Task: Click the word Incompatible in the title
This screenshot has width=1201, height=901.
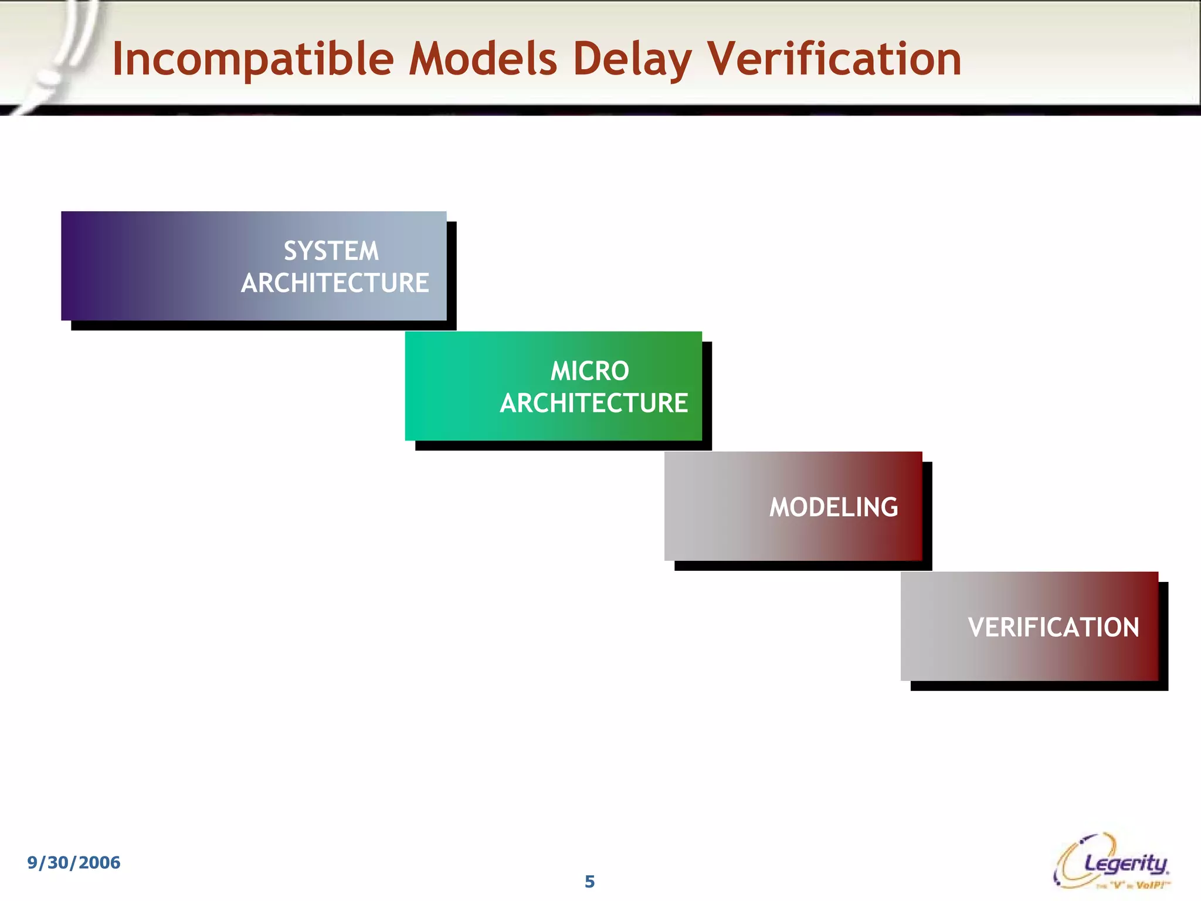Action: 252,60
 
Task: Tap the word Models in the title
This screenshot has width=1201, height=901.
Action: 482,60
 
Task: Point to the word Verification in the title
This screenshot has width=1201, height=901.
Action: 834,60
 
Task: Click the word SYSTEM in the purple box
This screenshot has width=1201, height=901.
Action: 331,251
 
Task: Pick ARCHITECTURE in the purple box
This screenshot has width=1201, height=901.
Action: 335,283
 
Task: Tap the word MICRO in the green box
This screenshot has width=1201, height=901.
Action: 589,371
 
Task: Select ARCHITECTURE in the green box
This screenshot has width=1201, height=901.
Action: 593,404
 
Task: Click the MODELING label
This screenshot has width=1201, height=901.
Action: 833,507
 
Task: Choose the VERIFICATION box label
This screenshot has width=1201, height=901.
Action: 1053,628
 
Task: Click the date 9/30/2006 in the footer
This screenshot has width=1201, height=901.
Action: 74,862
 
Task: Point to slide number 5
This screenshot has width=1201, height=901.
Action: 589,882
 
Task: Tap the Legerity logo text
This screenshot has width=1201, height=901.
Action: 1126,863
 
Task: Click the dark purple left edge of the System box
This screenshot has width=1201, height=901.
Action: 73,266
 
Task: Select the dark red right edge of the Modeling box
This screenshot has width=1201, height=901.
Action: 915,506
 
